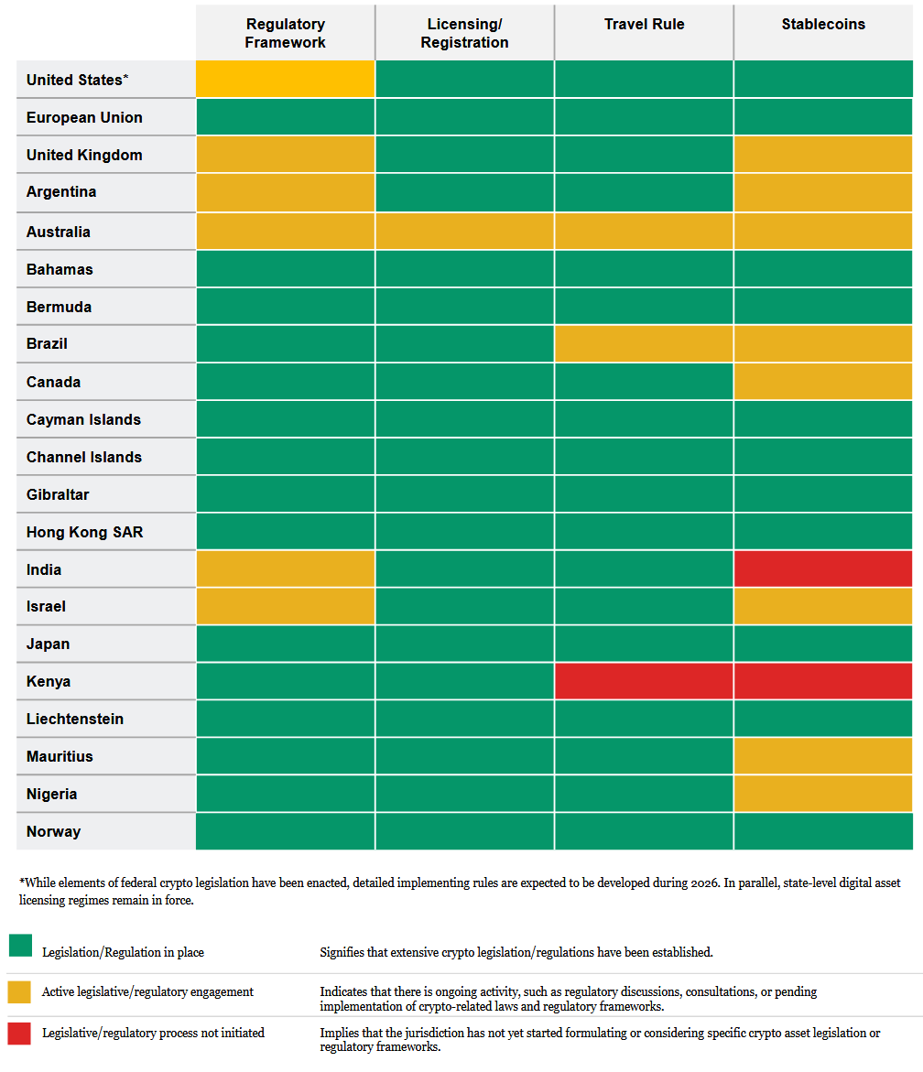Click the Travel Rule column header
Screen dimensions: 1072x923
pos(644,25)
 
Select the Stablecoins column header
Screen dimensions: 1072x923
pos(823,25)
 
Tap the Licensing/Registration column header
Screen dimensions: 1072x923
pos(464,33)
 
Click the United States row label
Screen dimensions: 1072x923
pos(77,81)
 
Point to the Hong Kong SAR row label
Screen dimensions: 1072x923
pos(84,532)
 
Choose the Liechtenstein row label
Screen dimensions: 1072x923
pos(75,719)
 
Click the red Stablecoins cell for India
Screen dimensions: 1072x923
pos(823,568)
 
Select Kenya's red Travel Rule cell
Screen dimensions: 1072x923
pos(644,681)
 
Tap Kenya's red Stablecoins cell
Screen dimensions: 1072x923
pos(823,681)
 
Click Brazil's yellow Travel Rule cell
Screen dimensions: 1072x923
pos(644,343)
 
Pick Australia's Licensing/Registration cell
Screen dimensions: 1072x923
pos(464,232)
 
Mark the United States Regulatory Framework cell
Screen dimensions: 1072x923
pos(285,80)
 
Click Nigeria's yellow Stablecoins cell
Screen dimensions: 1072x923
pos(823,794)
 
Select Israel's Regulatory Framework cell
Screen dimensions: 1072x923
pos(285,606)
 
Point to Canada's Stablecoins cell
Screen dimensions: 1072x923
pos(823,382)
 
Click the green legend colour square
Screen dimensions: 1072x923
pos(20,946)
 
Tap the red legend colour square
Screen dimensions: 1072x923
pos(20,1034)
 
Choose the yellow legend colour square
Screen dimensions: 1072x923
pos(20,991)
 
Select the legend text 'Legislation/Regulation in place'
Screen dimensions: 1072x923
pos(123,953)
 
